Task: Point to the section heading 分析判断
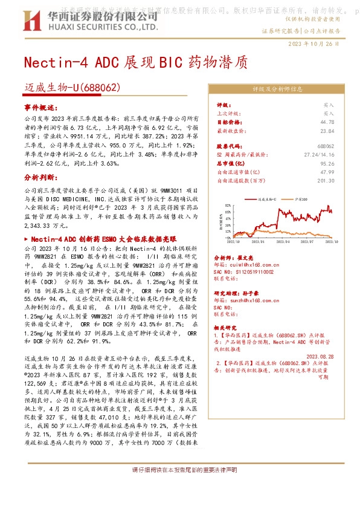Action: point(39,178)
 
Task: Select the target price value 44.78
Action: point(328,122)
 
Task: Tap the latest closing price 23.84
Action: point(327,130)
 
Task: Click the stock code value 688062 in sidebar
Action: point(326,146)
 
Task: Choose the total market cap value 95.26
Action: point(327,163)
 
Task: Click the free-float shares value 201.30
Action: point(326,180)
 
